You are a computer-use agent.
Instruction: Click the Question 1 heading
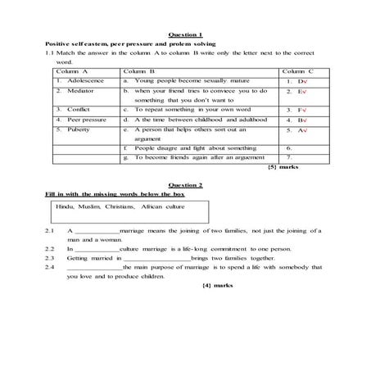coord(184,34)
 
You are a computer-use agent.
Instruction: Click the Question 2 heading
coord(184,185)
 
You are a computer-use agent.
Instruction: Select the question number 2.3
coord(50,257)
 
